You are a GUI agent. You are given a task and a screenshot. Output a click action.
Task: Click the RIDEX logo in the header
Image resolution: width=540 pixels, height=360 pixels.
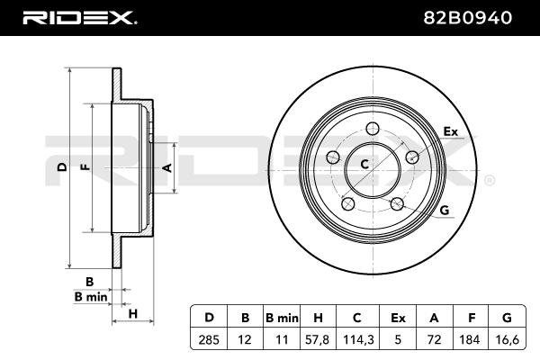click(x=78, y=17)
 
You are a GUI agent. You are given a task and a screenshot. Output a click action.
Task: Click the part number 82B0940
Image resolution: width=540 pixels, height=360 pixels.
click(x=473, y=17)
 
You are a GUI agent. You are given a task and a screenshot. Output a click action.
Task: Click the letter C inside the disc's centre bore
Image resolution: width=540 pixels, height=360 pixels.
click(x=365, y=164)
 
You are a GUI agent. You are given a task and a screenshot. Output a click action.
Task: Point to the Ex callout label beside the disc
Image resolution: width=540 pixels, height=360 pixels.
click(x=451, y=132)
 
